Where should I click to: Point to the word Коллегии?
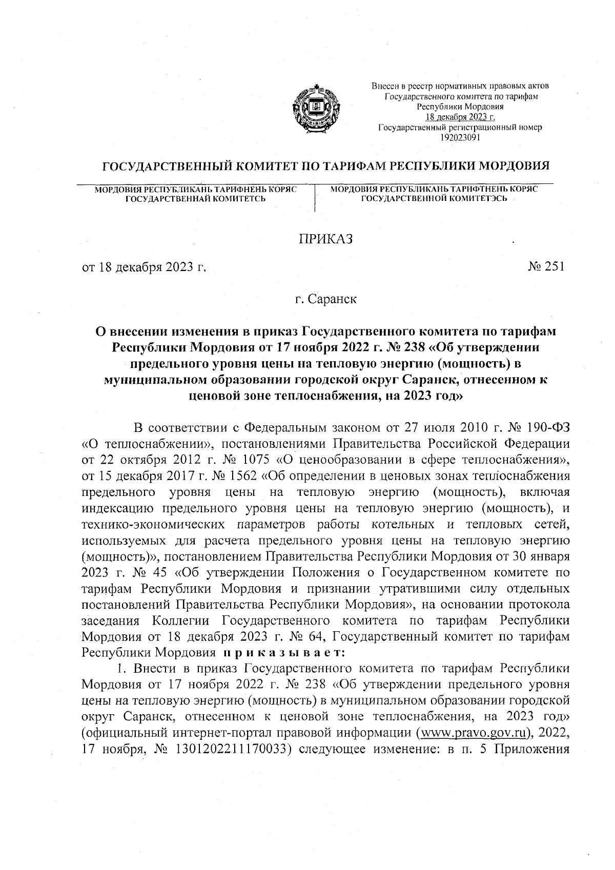(x=181, y=620)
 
